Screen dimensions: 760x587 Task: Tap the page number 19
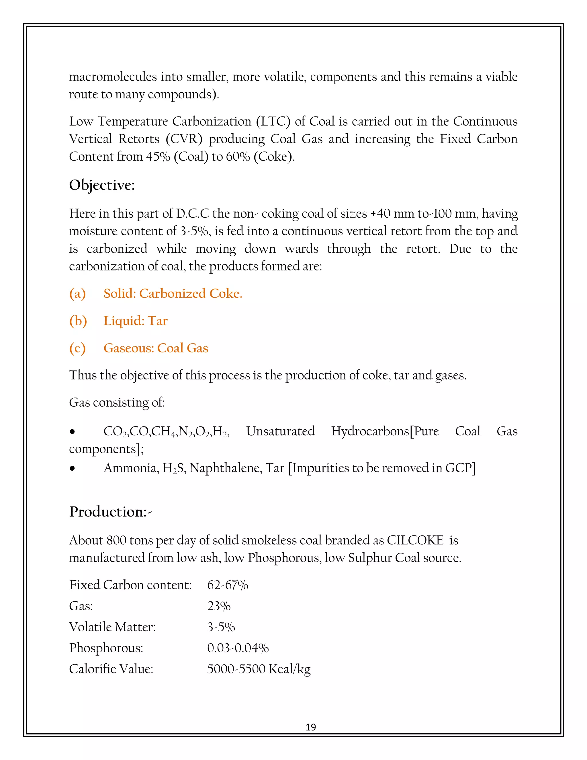[310, 727]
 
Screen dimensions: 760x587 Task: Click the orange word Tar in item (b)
[158, 321]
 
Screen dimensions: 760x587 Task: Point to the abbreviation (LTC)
[273, 121]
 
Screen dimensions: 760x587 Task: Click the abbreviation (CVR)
[184, 139]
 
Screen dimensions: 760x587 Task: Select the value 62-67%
[227, 585]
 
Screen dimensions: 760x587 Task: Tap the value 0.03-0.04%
[238, 648]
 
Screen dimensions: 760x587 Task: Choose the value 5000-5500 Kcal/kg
[259, 669]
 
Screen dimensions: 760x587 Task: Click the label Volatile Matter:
[112, 627]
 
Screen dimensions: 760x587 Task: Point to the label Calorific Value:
[111, 669]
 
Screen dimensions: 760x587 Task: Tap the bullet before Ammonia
[72, 468]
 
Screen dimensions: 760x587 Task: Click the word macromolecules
[113, 77]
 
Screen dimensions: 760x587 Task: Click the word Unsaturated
[280, 431]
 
